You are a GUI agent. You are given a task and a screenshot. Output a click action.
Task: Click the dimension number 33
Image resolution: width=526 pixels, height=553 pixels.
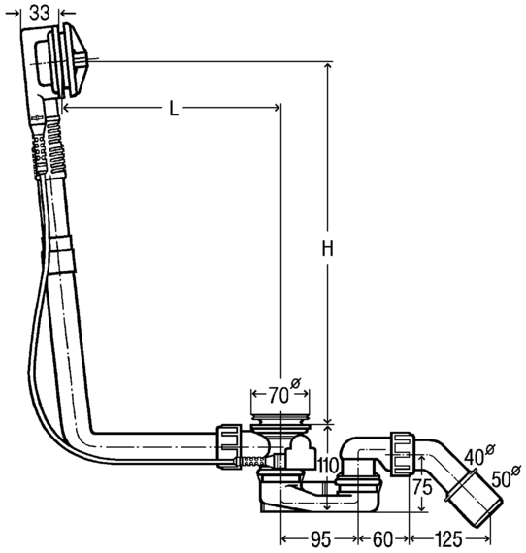(39, 14)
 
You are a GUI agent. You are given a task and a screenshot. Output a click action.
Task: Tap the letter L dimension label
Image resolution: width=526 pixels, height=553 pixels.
(173, 109)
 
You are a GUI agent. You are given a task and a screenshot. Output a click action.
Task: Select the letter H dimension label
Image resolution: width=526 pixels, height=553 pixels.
(327, 248)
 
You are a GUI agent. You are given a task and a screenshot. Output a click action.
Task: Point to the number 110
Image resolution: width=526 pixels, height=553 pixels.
(328, 466)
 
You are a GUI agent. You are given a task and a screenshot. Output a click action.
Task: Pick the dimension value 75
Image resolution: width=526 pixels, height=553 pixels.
(422, 487)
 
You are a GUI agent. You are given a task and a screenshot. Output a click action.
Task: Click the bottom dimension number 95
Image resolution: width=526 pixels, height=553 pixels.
(320, 539)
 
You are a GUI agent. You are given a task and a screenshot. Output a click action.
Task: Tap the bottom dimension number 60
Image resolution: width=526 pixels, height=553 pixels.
(382, 539)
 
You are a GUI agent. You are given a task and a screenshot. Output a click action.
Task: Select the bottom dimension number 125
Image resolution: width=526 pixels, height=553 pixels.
(448, 539)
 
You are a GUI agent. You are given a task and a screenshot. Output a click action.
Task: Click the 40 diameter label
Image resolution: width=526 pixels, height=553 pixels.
(479, 455)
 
